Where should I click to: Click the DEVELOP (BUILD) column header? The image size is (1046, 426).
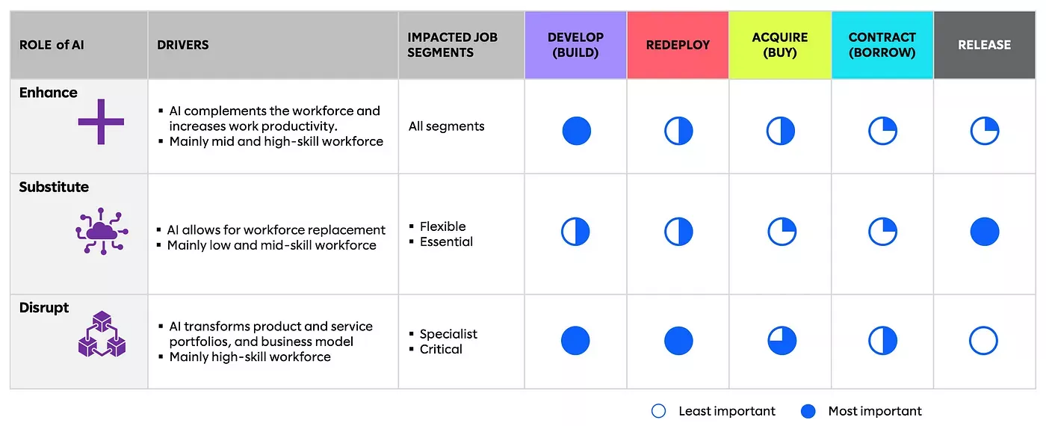(x=575, y=45)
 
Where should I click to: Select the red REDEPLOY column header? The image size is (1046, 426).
(x=678, y=45)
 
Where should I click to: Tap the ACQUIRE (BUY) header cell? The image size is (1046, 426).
(x=780, y=45)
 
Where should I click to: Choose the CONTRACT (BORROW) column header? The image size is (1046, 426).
(x=882, y=45)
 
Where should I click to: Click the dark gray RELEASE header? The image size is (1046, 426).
(x=984, y=45)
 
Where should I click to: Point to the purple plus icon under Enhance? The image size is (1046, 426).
(x=101, y=122)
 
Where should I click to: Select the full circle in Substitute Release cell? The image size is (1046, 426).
(x=984, y=232)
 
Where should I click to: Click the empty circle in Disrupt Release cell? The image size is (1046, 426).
(x=983, y=341)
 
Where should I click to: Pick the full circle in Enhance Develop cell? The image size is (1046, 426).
(x=576, y=131)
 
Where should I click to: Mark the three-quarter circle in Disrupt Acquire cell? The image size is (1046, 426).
(x=782, y=341)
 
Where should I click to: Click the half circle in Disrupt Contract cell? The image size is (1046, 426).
(x=882, y=341)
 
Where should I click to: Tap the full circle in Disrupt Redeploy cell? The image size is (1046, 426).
(x=678, y=341)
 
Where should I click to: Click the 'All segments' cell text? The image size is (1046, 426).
(x=446, y=126)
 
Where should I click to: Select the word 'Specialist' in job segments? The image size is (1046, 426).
(x=448, y=334)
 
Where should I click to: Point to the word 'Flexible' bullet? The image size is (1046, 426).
(x=442, y=226)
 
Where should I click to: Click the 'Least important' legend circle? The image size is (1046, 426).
(x=658, y=411)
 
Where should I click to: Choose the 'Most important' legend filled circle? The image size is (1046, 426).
(x=808, y=411)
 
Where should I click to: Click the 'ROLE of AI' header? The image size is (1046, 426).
(x=52, y=45)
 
